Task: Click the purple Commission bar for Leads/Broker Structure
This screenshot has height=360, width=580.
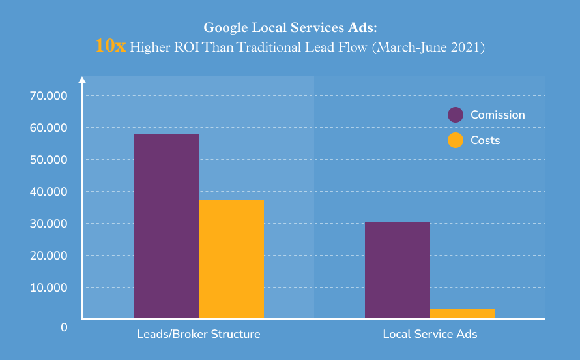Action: [x=166, y=226]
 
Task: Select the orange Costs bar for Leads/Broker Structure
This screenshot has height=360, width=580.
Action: [x=231, y=259]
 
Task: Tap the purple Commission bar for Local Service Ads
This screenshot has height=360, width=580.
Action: [x=398, y=270]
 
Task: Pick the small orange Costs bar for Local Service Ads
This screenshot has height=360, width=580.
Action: [x=463, y=314]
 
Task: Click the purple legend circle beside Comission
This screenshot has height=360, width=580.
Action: [x=456, y=115]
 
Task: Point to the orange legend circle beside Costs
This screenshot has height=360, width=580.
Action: [x=456, y=140]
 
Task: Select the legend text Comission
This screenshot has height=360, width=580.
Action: [x=498, y=115]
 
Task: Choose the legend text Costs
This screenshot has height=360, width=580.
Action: [x=486, y=140]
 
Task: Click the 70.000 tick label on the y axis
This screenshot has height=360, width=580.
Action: [x=49, y=96]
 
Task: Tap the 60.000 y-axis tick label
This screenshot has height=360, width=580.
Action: [x=49, y=128]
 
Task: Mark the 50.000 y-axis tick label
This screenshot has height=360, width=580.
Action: [x=49, y=160]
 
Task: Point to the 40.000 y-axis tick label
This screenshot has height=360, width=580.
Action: [x=49, y=192]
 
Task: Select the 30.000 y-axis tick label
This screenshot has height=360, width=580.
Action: [x=49, y=224]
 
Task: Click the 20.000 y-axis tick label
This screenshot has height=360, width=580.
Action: [x=49, y=256]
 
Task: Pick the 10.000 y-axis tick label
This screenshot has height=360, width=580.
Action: [x=49, y=288]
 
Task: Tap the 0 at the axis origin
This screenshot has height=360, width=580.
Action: [x=64, y=327]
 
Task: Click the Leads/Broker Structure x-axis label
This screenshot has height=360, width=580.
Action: [x=199, y=334]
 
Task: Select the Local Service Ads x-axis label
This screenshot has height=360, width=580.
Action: [x=430, y=334]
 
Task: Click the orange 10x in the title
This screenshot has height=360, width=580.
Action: [x=110, y=46]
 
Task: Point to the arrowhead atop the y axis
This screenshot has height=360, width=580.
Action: [x=82, y=80]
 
